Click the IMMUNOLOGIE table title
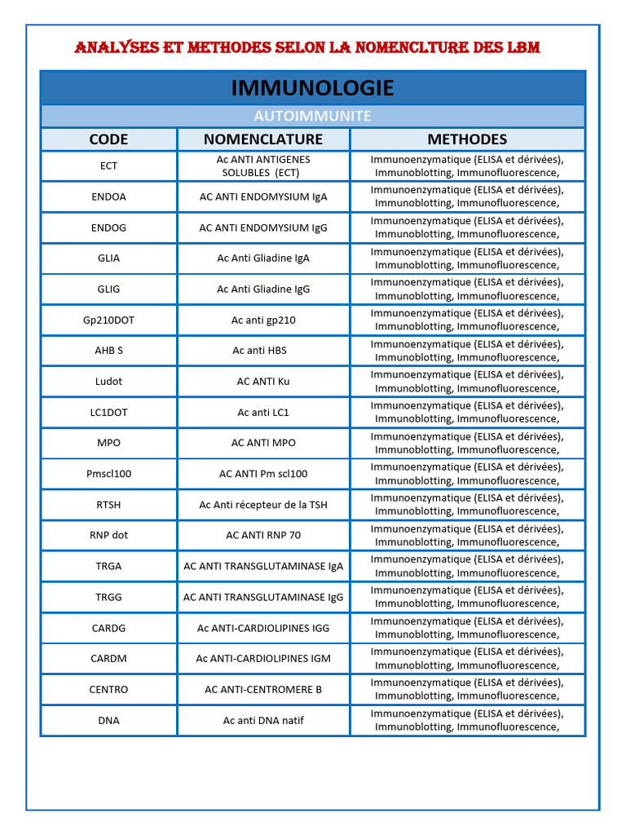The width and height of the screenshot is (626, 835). tap(312, 88)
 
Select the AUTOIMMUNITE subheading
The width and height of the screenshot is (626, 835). tap(312, 116)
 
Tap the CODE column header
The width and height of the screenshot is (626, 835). tap(108, 139)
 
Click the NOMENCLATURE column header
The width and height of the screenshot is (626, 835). tap(263, 139)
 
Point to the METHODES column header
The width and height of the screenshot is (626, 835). tap(467, 139)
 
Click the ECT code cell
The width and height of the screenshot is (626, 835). tap(108, 166)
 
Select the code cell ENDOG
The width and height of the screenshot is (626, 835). tap(108, 228)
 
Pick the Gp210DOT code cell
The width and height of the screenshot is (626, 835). tap(108, 320)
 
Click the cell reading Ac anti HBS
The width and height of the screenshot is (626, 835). tap(263, 351)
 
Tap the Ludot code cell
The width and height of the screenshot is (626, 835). tap(108, 382)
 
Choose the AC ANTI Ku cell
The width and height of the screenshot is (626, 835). tap(263, 382)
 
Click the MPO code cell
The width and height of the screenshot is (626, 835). tap(108, 443)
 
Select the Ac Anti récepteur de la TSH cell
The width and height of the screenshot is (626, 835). tap(263, 505)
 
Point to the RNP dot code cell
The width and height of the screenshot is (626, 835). tap(108, 536)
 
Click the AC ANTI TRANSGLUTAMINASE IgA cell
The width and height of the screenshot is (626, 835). tap(263, 566)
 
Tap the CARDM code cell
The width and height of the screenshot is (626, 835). tap(108, 659)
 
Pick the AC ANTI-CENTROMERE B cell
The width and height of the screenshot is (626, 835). tap(263, 689)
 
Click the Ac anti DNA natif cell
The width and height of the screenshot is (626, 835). tap(263, 720)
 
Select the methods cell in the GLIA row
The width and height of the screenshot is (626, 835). tap(467, 258)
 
